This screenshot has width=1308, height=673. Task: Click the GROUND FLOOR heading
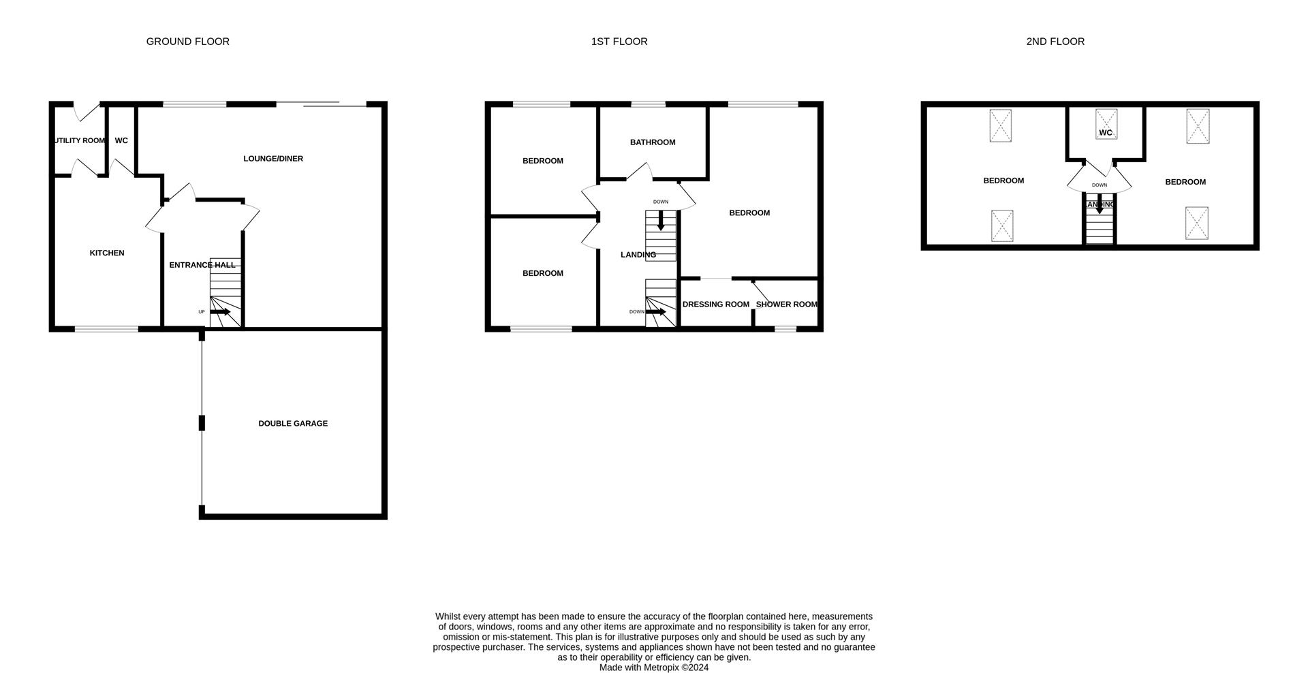[x=187, y=42]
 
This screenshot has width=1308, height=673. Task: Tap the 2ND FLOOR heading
[x=1055, y=42]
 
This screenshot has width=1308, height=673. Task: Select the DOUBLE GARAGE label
[x=293, y=423]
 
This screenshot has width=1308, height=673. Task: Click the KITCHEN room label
[x=107, y=253]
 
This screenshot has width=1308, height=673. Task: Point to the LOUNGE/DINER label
[x=273, y=159]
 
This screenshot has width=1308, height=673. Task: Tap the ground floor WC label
[x=121, y=140]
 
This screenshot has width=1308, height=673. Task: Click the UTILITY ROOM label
[x=80, y=140]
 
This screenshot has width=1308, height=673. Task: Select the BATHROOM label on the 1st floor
[x=652, y=142]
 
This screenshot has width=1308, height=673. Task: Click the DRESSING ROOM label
[x=715, y=304]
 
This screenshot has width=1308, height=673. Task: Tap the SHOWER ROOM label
[x=786, y=304]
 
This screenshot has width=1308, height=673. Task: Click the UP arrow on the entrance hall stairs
[x=220, y=311]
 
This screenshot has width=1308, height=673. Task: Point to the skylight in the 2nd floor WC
[x=1106, y=123]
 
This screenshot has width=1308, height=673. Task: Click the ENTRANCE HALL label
[x=202, y=265]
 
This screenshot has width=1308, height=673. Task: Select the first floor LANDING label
[x=638, y=255]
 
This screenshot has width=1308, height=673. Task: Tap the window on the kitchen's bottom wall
[x=106, y=329]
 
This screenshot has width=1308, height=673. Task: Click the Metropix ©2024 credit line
[x=653, y=668]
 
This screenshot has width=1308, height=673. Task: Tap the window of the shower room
[x=785, y=329]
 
